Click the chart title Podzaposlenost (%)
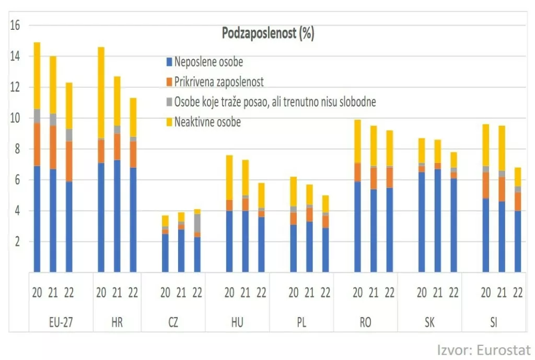tap(268, 34)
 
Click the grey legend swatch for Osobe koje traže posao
tap(169, 102)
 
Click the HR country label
tap(117, 322)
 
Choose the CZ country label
tap(173, 322)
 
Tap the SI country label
tap(494, 322)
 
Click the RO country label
tap(366, 322)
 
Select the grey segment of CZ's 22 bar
tap(197, 223)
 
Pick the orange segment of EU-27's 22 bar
tap(69, 161)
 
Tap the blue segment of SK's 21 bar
tap(437, 220)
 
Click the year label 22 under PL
tap(325, 293)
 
